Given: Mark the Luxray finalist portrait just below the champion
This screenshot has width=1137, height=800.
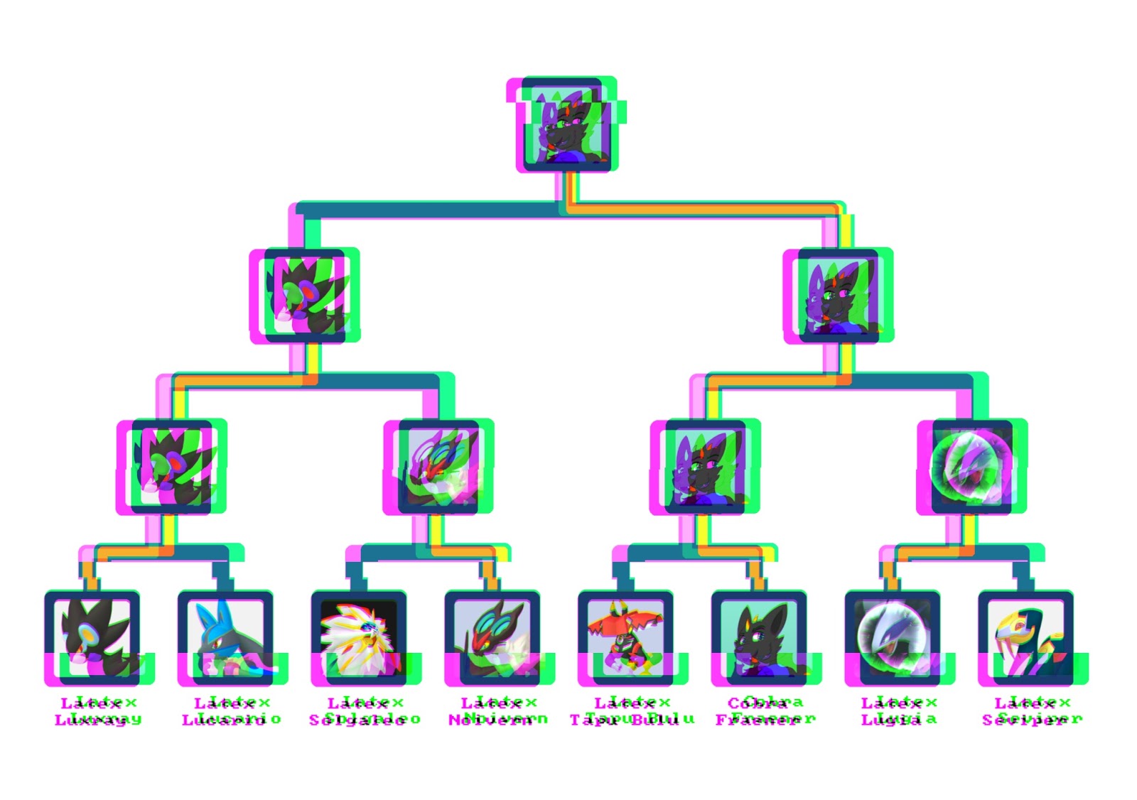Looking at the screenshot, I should coord(305,296).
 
